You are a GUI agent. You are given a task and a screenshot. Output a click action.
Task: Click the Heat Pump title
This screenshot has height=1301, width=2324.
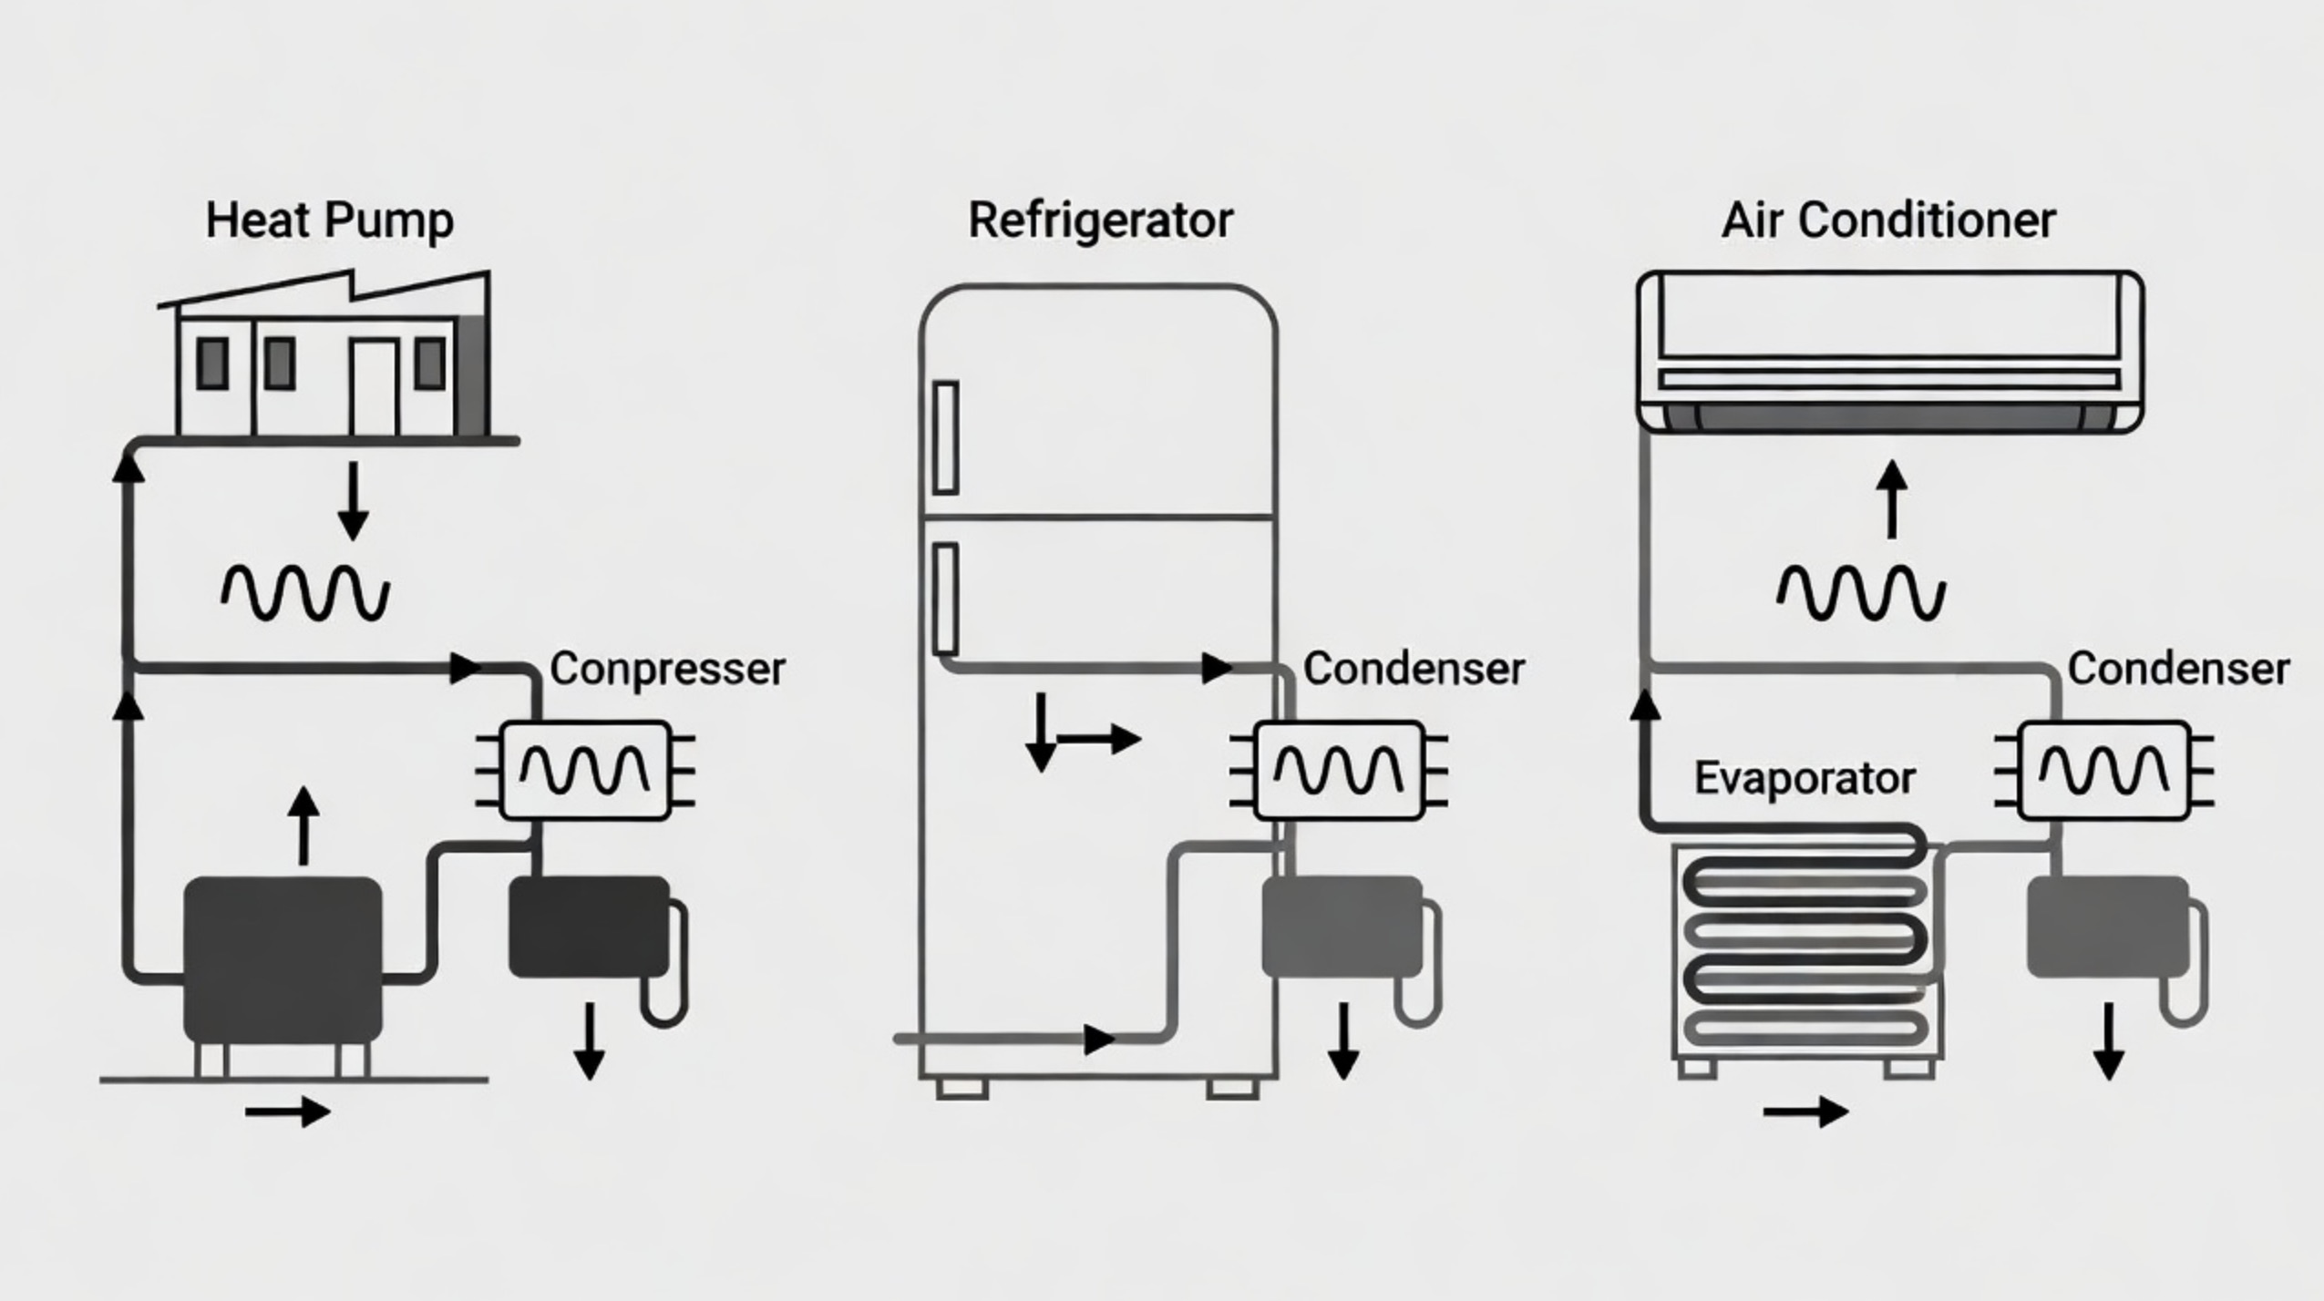[x=329, y=221]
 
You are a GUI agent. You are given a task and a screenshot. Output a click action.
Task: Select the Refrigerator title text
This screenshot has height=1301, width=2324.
[x=1100, y=221]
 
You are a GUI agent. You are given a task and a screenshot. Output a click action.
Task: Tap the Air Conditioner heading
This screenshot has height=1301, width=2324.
[x=1888, y=220]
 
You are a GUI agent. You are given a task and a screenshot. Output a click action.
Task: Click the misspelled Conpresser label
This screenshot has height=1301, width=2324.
[x=668, y=671]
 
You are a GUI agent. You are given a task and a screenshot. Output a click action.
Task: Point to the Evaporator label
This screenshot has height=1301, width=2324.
[x=1805, y=779]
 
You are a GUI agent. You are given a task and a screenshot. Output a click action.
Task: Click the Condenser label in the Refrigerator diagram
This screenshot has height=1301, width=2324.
[x=1414, y=669]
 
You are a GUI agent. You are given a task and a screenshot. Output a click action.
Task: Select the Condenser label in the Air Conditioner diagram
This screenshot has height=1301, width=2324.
[x=2178, y=669]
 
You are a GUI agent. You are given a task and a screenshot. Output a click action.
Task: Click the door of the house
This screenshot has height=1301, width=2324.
[x=375, y=387]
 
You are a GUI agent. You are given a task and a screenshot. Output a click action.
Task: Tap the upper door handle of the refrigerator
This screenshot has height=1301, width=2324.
[x=946, y=437]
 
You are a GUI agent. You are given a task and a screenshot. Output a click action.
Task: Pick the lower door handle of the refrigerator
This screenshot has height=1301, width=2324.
[x=946, y=599]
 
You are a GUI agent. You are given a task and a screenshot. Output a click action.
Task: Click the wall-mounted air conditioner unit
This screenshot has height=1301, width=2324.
[x=1890, y=351]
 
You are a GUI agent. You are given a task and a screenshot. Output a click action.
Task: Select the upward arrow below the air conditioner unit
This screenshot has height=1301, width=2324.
[x=1892, y=498]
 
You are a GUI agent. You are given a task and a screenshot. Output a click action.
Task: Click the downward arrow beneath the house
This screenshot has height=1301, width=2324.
[x=353, y=501]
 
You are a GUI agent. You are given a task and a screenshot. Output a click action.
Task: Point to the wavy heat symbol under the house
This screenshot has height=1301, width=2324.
[x=305, y=593]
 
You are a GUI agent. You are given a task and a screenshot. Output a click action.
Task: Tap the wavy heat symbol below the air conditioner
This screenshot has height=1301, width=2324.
[x=1861, y=593]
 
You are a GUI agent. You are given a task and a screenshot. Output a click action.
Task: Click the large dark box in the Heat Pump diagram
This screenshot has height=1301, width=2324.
[x=283, y=959]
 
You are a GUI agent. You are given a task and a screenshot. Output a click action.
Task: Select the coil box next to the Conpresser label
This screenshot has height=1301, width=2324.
[x=585, y=771]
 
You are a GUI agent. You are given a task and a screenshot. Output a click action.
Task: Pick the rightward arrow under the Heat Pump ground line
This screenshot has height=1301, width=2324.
[x=288, y=1111]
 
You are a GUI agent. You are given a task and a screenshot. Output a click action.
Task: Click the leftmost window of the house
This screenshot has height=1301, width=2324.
[x=212, y=363]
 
